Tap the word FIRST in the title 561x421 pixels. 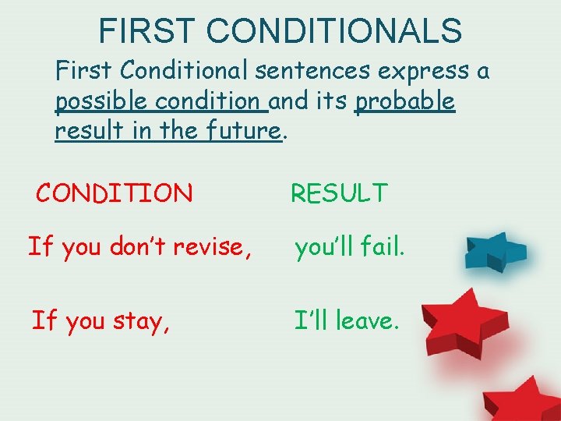[x=149, y=31]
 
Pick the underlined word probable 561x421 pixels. [x=404, y=101]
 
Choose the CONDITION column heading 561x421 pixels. [x=115, y=193]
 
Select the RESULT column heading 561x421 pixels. [x=339, y=193]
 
